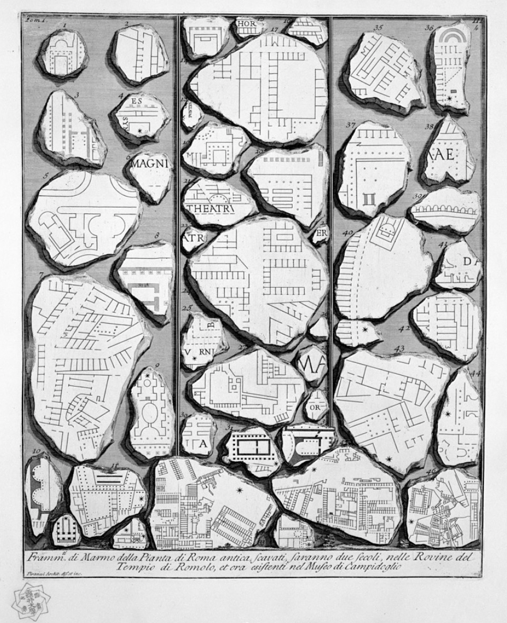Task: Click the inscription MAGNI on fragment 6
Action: click(150, 164)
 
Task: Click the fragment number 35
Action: click(378, 27)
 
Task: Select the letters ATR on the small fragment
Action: click(192, 238)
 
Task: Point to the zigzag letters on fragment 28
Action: click(311, 365)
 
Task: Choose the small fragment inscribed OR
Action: click(316, 406)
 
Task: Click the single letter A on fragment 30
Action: click(203, 443)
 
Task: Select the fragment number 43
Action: click(398, 348)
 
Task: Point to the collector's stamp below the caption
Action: click(30, 601)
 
